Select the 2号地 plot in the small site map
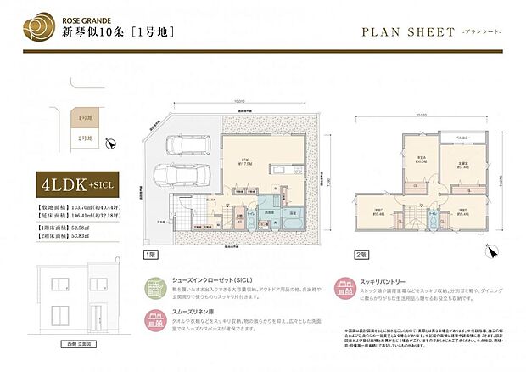tap(84, 138)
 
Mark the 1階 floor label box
tap(149, 254)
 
